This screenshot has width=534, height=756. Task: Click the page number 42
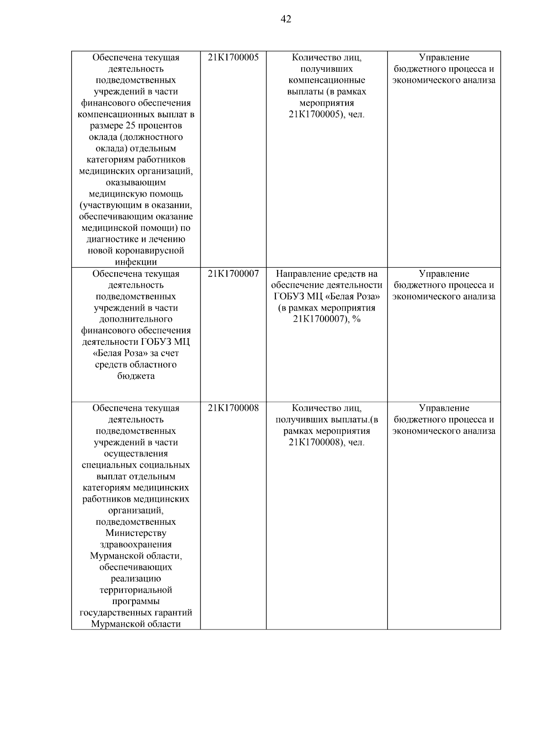(x=286, y=19)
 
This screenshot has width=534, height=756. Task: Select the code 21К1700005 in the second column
(x=233, y=57)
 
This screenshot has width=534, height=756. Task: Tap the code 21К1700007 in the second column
(x=233, y=274)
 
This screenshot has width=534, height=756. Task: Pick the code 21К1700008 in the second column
(x=233, y=408)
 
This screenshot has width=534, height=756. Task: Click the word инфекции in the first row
(x=136, y=262)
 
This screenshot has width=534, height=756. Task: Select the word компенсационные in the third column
(x=327, y=80)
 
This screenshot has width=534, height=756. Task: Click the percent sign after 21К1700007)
(x=356, y=319)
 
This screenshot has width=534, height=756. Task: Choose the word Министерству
(x=136, y=533)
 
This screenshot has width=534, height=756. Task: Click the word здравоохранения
(x=136, y=544)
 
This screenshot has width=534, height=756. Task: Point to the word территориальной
(x=136, y=590)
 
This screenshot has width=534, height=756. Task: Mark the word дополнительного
(x=136, y=319)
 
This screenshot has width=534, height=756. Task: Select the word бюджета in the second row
(x=136, y=376)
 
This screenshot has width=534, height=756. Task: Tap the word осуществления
(x=136, y=454)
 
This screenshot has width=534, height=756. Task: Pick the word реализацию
(x=136, y=579)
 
